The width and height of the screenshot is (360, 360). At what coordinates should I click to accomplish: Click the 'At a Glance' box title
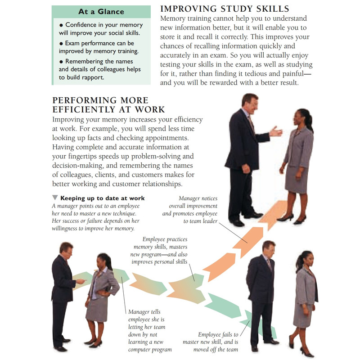point(101,12)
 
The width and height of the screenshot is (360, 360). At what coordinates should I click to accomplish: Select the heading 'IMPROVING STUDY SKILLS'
point(225,9)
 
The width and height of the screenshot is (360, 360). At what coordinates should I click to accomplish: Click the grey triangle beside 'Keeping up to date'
point(55,198)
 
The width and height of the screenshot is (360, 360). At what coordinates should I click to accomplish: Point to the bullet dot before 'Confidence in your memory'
point(61,25)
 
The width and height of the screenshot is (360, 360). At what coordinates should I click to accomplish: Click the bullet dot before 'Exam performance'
point(61,43)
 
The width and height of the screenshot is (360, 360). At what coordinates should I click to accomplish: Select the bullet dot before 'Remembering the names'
point(61,62)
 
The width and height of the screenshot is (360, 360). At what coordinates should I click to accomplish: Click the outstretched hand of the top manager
point(276,132)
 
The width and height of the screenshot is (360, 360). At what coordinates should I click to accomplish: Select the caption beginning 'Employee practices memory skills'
point(159,251)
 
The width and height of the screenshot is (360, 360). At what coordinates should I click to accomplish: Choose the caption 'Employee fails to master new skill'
point(211,342)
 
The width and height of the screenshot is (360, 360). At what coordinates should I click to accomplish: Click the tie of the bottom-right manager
point(269,264)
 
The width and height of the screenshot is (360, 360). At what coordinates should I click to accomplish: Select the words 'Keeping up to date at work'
point(103,198)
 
